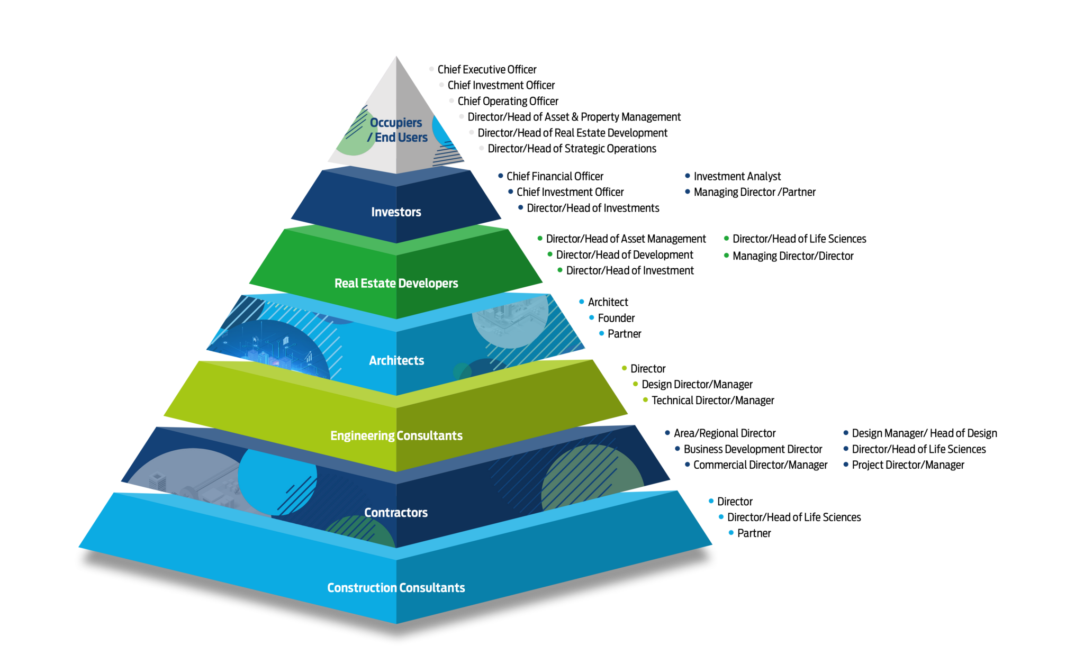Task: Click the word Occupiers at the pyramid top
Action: click(396, 123)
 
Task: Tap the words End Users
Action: click(401, 138)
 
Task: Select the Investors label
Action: click(396, 212)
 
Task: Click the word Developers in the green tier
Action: click(428, 284)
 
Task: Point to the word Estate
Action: click(378, 284)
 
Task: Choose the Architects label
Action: click(396, 361)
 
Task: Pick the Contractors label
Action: click(396, 513)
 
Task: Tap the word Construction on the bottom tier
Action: click(362, 588)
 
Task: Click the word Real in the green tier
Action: click(346, 284)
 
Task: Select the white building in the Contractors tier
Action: click(157, 481)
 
